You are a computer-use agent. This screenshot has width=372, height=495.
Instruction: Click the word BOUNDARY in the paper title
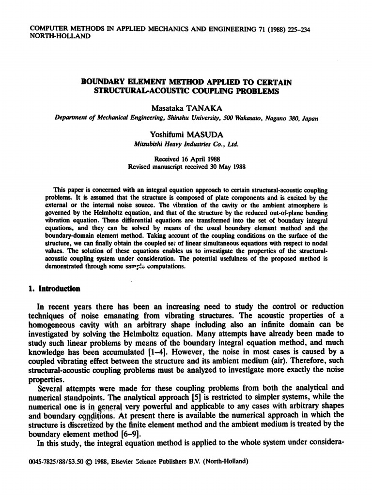pos(106,82)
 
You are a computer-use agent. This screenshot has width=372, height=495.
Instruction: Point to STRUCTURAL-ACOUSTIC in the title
pos(143,91)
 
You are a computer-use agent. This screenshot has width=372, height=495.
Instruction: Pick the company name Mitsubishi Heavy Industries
pos(172,144)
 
